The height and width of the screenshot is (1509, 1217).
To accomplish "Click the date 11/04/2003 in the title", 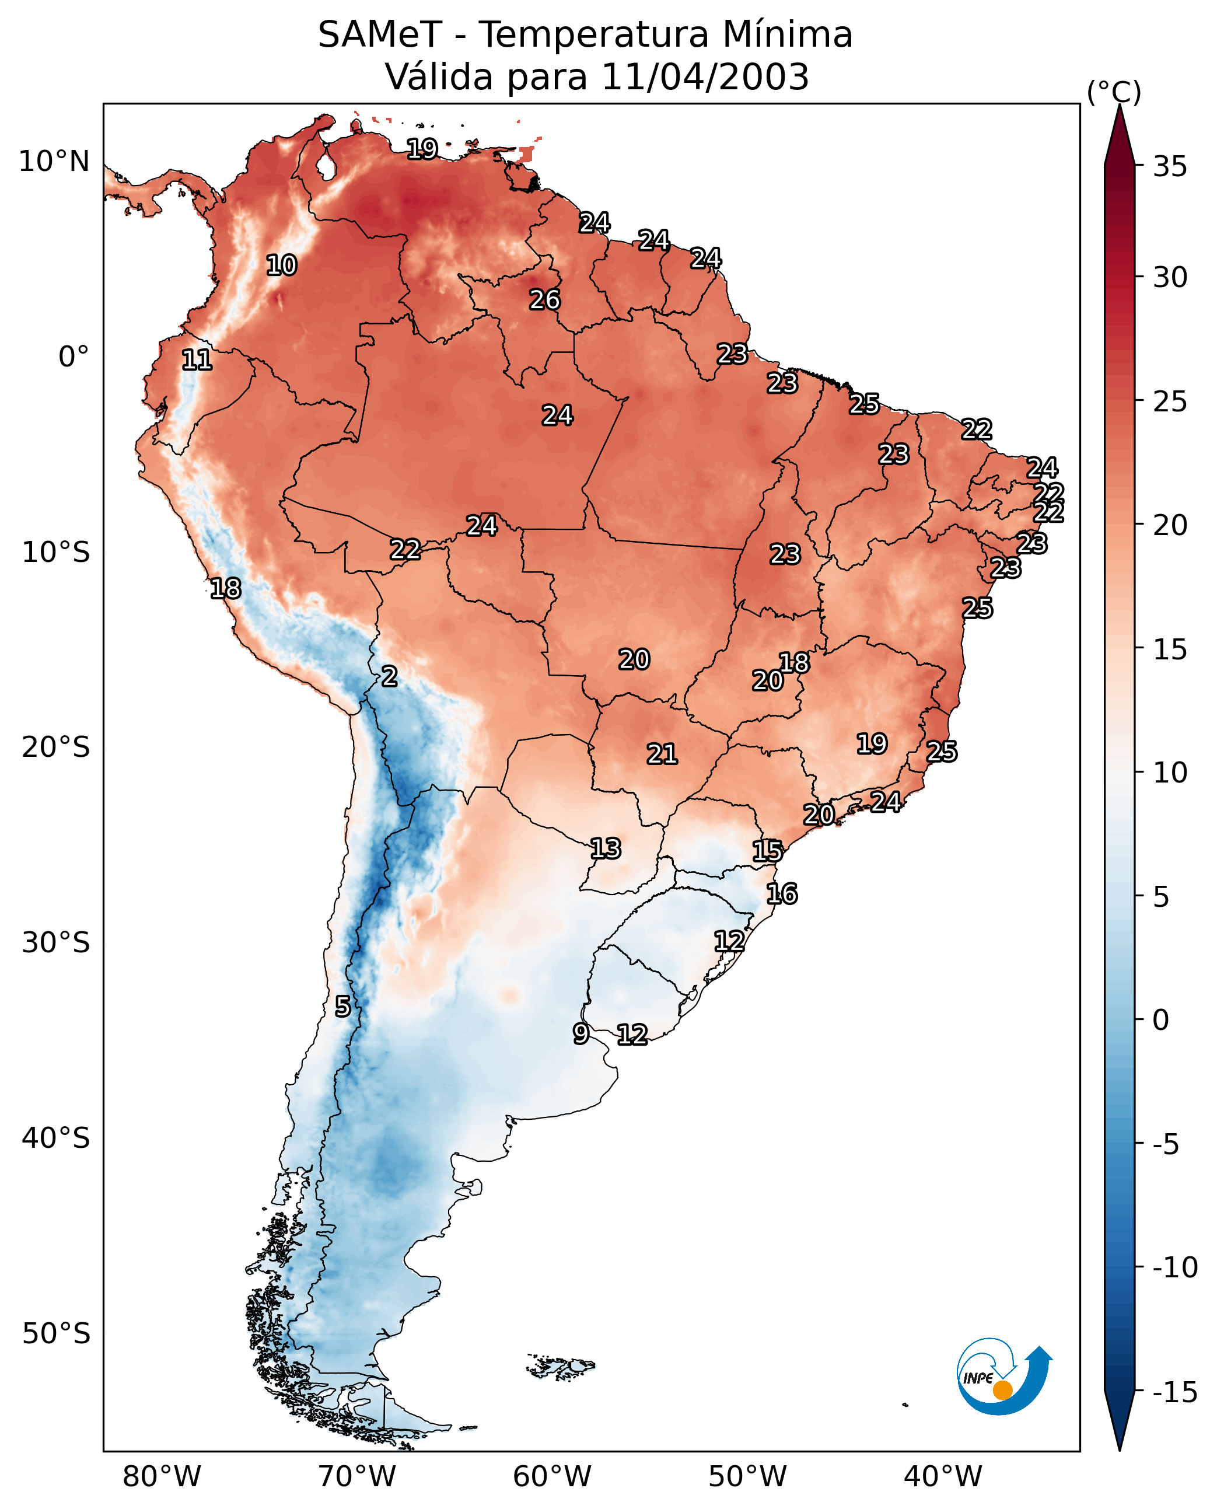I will click(705, 76).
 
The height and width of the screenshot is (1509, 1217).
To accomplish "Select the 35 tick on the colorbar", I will click(1170, 167).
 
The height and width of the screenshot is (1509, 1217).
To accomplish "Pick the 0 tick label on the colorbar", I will click(1161, 1019).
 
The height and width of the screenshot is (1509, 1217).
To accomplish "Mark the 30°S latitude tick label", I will click(56, 942).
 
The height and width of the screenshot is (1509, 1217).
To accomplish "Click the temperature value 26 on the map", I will click(545, 300).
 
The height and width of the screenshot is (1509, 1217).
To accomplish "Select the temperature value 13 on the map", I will click(605, 848).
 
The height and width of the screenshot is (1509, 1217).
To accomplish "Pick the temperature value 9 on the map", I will click(580, 1033).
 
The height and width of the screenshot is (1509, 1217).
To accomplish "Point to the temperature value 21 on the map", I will click(662, 754).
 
